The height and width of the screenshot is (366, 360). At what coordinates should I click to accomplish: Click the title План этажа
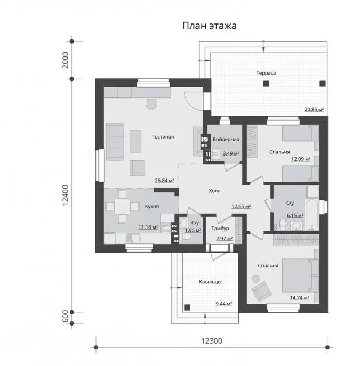pos(209,26)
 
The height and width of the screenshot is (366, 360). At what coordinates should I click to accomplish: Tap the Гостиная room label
pos(163,137)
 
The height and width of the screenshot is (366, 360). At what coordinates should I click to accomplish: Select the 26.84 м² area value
pos(164,181)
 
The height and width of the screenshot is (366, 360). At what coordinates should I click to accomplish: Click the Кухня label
pos(152,206)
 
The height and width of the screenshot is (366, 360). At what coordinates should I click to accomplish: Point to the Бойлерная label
pos(226,140)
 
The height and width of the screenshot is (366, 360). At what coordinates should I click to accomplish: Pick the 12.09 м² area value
pos(301,159)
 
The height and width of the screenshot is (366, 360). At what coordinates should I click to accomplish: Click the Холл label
pos(214,191)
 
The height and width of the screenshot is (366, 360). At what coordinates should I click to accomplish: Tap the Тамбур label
pos(220,229)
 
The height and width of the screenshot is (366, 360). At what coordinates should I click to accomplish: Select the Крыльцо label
pos(210,282)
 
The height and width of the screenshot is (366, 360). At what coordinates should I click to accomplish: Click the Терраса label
pos(266,73)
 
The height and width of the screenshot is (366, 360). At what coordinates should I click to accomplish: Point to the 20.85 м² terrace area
pos(314,109)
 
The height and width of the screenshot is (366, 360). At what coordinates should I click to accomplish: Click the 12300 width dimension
pos(212,341)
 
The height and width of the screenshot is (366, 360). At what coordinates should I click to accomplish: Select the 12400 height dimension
pos(66,196)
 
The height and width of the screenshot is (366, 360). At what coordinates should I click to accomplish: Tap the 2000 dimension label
pos(66,60)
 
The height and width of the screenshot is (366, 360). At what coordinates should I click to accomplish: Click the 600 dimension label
pos(66,316)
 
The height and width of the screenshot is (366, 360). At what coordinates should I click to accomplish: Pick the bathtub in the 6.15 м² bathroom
pos(311,214)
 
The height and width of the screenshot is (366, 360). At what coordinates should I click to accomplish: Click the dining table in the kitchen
pos(122,206)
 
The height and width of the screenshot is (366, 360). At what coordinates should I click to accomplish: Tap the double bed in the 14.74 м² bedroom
pos(300,275)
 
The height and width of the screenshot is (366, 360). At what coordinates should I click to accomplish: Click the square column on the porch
pos(187,307)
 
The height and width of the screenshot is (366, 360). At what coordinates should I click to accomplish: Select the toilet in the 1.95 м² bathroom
pos(187,237)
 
